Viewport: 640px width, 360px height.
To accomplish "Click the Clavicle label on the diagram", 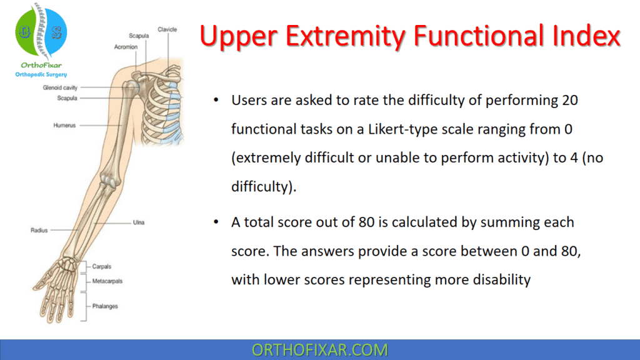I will (167, 29).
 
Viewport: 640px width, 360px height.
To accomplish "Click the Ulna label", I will (139, 222).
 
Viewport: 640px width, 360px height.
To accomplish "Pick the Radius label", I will (39, 230).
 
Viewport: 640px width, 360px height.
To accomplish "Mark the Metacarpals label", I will (107, 281).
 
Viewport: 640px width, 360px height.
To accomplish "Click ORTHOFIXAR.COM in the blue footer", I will (319, 350).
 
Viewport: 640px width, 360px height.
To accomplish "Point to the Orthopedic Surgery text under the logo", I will (41, 74).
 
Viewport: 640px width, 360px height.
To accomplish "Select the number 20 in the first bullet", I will (569, 100).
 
